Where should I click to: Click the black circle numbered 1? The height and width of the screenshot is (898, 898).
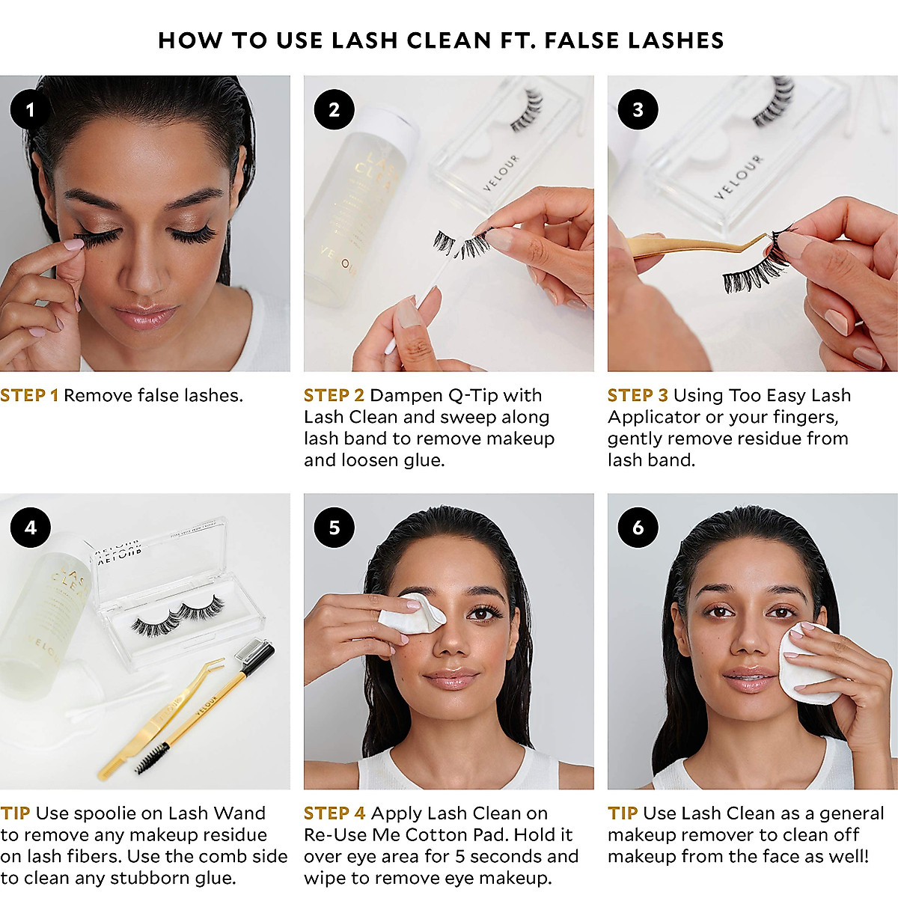pyautogui.click(x=30, y=110)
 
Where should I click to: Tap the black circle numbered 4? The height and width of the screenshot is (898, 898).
pyautogui.click(x=30, y=528)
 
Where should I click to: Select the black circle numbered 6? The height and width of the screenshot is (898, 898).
pyautogui.click(x=638, y=528)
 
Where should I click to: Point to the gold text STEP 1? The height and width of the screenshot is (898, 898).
pyautogui.click(x=29, y=395)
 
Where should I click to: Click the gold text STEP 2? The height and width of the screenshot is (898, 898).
pyautogui.click(x=334, y=395)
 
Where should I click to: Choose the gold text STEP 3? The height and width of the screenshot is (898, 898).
pyautogui.click(x=638, y=395)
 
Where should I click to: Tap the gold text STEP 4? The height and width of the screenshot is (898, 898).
pyautogui.click(x=335, y=813)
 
